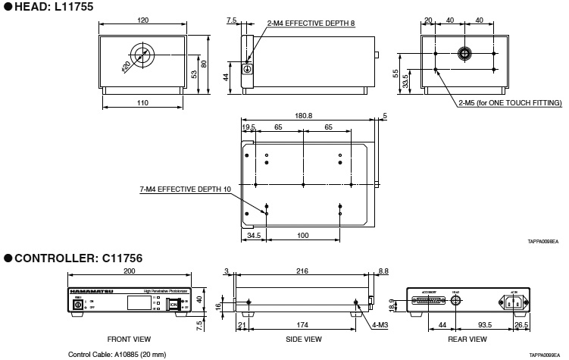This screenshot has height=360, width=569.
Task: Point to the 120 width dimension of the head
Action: coord(143,21)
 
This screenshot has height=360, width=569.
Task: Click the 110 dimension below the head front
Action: coord(143,102)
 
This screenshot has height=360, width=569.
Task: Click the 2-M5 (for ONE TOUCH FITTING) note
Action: coord(509,102)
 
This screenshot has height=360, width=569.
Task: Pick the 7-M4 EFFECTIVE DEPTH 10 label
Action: coord(186,189)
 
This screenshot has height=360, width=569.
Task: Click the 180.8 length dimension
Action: coord(304,116)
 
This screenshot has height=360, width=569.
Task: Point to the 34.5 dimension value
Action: coord(253,236)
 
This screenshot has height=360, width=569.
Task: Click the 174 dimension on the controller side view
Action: coord(302,325)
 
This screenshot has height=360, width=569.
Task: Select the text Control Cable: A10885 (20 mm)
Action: coord(117,354)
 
